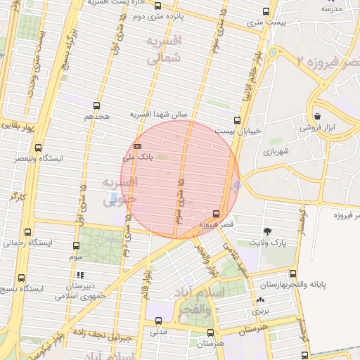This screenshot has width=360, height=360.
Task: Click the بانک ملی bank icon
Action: click(x=137, y=146)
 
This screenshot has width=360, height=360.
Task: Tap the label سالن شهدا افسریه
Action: click(x=161, y=113)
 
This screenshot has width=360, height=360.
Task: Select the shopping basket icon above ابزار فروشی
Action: click(x=318, y=116)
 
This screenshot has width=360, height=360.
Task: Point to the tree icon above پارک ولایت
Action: click(x=267, y=231)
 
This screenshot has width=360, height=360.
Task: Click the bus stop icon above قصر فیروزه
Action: click(x=216, y=213)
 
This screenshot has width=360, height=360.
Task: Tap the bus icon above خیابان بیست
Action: click(x=237, y=120)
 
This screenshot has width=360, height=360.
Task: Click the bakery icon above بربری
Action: click(x=261, y=301)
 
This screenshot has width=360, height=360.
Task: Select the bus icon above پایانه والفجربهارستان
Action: click(x=293, y=274)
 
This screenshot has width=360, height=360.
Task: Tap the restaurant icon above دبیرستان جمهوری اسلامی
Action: click(x=81, y=275)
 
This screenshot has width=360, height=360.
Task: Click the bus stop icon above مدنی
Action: click(x=157, y=321)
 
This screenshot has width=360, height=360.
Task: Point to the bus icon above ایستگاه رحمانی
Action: click(x=28, y=232)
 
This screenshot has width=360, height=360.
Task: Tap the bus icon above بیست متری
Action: click(x=265, y=11)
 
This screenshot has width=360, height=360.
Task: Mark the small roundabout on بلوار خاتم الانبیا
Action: click(x=271, y=53)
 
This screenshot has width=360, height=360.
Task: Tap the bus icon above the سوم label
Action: click(x=76, y=246)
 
